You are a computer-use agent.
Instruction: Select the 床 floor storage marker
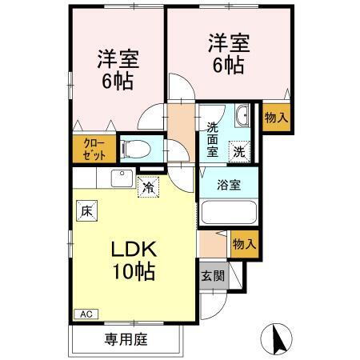(86, 211)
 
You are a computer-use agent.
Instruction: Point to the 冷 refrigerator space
(148, 187)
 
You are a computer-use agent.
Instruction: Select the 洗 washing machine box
(239, 149)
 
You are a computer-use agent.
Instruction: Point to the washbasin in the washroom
(242, 116)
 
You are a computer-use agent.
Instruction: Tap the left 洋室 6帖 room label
(117, 70)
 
